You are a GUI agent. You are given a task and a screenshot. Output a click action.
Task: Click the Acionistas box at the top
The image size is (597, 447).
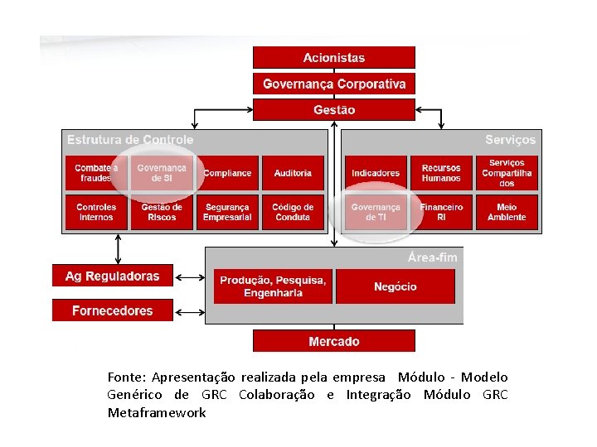333,58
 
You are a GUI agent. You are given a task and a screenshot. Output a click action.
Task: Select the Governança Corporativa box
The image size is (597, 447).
333,84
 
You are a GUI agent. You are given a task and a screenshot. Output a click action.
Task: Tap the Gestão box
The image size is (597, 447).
333,109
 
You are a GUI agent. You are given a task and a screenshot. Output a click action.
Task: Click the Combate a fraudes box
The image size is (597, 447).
96,173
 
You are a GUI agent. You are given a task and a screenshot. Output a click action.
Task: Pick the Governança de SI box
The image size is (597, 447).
162,173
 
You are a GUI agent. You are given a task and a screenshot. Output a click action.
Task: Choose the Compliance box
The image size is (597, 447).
227,173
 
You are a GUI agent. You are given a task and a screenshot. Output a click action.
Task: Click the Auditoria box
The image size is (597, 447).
293,173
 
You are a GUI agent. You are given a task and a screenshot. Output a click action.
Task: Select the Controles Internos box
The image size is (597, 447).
96,212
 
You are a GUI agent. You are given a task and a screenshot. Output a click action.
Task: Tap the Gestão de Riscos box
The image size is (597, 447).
162,212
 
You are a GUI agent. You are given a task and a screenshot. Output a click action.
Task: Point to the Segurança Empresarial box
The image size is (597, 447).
227,212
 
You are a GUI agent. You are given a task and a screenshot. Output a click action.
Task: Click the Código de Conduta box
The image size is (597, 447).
293,212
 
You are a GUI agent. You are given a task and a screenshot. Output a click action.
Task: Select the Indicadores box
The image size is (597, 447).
376,173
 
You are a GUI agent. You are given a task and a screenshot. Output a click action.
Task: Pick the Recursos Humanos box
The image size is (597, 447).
441,173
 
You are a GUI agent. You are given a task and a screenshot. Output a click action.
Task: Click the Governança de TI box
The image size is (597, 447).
376,212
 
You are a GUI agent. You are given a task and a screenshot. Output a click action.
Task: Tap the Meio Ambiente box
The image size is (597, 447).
507,212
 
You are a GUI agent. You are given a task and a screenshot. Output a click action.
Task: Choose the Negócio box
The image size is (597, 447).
396,286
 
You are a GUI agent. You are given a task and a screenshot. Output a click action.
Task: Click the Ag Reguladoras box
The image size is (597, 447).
113,276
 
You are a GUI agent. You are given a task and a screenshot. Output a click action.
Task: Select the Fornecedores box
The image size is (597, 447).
113,310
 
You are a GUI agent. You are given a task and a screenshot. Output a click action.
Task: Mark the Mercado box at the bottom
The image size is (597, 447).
333,341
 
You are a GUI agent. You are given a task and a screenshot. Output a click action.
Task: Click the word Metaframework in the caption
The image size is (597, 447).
157,412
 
